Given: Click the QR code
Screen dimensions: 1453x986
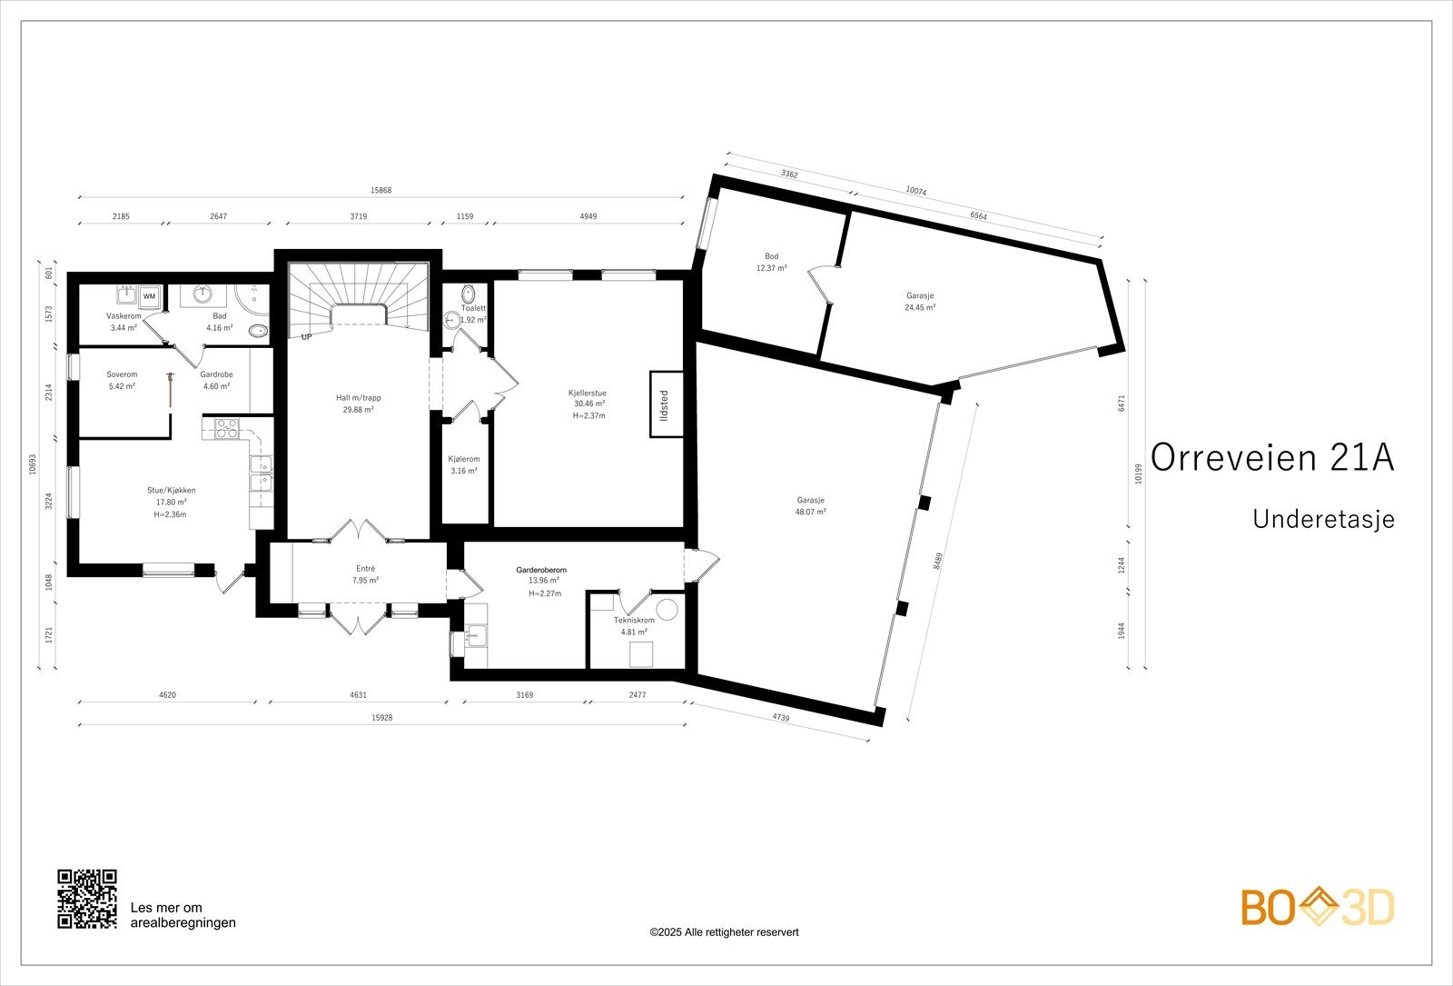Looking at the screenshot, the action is (x=87, y=899).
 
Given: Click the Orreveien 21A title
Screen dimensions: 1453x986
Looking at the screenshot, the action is (x=1272, y=458).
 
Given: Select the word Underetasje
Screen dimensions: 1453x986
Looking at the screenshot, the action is (x=1323, y=519).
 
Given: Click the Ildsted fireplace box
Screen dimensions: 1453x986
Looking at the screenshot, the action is (x=667, y=404).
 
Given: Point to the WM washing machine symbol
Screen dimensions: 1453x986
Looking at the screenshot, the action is (x=149, y=296).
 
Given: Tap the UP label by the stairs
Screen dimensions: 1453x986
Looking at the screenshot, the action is (x=306, y=337).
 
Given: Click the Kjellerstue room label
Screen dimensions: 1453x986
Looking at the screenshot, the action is (x=587, y=393).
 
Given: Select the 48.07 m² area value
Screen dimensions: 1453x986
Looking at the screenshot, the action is (x=811, y=512).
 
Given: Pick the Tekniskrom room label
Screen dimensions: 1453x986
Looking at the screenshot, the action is (x=635, y=620).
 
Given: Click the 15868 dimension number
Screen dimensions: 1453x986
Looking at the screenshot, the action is (x=381, y=190).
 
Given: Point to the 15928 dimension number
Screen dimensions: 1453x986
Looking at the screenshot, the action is (x=382, y=717).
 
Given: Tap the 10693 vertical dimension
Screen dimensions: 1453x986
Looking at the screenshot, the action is (x=33, y=464).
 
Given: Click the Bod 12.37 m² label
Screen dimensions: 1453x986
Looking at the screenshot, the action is (x=771, y=263).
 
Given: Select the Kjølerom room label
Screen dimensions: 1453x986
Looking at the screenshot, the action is (x=464, y=459).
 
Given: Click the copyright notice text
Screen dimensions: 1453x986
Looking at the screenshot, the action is (x=724, y=932).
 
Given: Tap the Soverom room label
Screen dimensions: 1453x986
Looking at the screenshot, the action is (x=122, y=374).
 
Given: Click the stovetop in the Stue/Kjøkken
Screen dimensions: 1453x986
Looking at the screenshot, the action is (x=226, y=428).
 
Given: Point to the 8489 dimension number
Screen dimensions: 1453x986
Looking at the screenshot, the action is (x=938, y=562).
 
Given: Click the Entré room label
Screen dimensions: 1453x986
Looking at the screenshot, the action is (x=365, y=569).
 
